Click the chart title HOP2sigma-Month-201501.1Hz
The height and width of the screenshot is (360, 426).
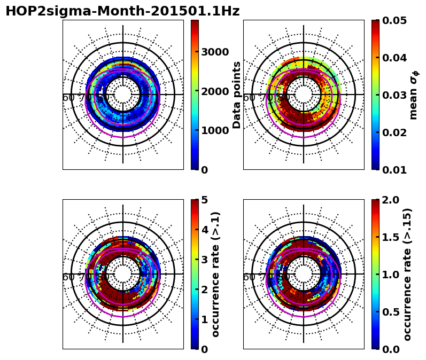pyautogui.click(x=122, y=11)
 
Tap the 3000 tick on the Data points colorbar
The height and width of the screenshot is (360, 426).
pyautogui.click(x=215, y=52)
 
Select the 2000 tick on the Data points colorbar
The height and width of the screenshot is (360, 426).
pyautogui.click(x=215, y=91)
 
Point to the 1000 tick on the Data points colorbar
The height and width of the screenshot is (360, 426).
pyautogui.click(x=215, y=130)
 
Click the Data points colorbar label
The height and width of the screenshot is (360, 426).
pyautogui.click(x=237, y=95)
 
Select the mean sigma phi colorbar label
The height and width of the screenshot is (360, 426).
pyautogui.click(x=413, y=95)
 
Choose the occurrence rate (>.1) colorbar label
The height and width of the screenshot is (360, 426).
pyautogui.click(x=216, y=274)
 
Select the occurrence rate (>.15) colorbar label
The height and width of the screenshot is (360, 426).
pyautogui.click(x=407, y=274)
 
